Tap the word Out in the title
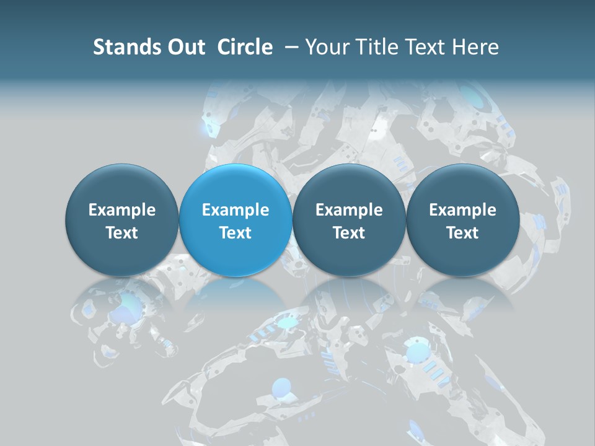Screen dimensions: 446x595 click(x=184, y=47)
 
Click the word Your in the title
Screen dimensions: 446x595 click(x=325, y=47)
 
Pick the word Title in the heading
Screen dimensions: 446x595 click(x=371, y=47)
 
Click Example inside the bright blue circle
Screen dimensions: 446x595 click(x=236, y=210)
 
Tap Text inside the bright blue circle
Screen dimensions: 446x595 click(x=236, y=233)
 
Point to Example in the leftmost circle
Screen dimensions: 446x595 click(x=122, y=210)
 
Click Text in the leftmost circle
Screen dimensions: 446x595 click(x=122, y=233)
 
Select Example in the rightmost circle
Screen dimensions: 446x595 click(x=462, y=210)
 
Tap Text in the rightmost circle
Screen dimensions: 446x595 click(x=462, y=233)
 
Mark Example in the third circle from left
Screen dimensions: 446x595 click(x=349, y=210)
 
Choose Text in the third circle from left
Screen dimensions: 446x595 click(x=349, y=233)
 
